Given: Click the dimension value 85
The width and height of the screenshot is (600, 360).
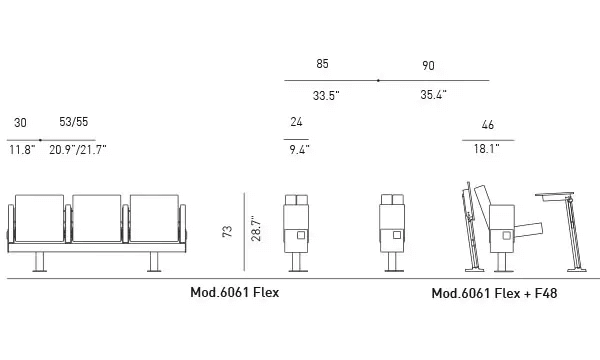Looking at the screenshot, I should click(322, 65).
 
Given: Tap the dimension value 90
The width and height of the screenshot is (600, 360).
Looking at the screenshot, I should click(428, 65).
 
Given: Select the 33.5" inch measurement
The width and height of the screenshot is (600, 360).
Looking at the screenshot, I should click(325, 96).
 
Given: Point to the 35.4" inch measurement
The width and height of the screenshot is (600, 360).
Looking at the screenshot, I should click(433, 96).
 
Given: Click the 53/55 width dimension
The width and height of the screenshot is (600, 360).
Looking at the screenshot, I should click(74, 123).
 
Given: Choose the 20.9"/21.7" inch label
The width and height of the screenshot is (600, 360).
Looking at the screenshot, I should click(78, 150).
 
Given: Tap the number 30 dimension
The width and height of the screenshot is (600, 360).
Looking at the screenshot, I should click(20, 123).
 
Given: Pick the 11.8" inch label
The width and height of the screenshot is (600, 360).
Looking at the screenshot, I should click(22, 150).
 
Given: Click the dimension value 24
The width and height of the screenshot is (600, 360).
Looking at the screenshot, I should click(296, 123).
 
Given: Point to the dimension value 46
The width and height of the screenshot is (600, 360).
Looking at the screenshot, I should click(487, 125).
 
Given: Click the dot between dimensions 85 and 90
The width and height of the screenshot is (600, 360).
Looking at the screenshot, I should click(377, 80).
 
